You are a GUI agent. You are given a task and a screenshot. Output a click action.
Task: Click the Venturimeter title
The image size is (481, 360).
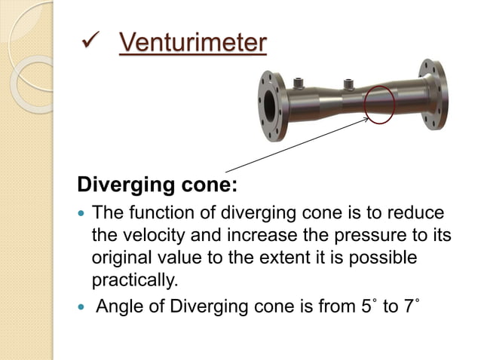(192, 42)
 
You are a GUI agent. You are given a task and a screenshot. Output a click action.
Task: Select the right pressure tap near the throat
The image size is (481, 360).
(349, 84)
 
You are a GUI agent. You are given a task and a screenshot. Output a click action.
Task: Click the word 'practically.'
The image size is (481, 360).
(133, 279)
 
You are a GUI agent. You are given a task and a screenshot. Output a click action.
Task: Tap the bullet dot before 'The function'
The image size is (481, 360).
(83, 215)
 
